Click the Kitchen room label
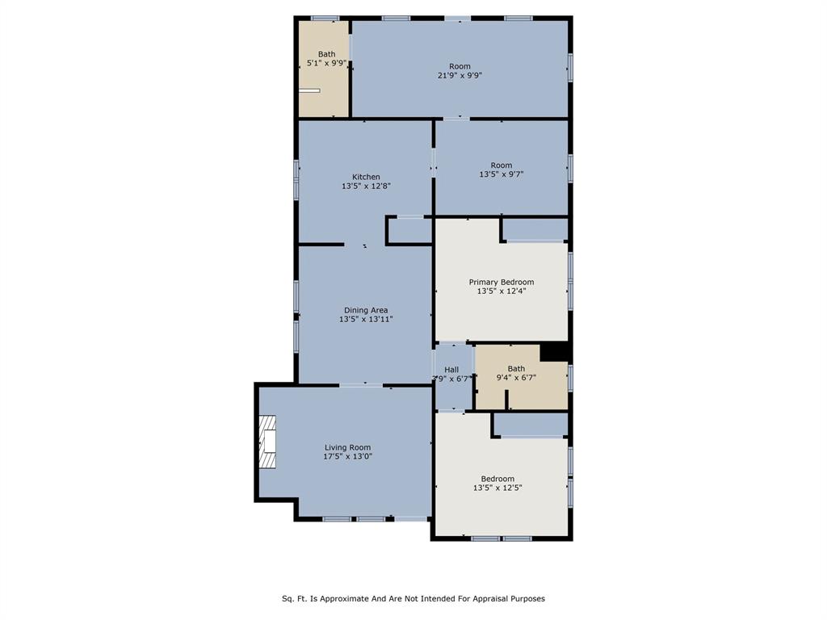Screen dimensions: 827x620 [366, 177]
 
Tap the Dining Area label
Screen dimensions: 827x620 [366, 311]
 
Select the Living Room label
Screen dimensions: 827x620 [347, 447]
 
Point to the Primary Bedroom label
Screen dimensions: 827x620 [502, 282]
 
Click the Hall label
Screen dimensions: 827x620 [451, 370]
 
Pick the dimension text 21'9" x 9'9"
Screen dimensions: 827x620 [460, 75]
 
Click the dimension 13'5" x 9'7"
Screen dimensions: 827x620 [502, 174]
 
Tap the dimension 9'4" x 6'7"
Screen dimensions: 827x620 [516, 378]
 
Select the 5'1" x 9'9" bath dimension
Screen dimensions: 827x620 [327, 63]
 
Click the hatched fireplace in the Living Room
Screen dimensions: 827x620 [267, 442]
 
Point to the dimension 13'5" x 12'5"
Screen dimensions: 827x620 [497, 488]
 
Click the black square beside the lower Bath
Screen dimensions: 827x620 [554, 353]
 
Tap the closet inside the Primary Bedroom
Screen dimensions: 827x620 [535, 230]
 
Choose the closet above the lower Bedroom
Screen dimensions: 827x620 [531, 425]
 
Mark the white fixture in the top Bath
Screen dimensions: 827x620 [309, 90]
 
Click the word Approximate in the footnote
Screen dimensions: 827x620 [344, 599]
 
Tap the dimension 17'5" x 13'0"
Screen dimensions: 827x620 [347, 457]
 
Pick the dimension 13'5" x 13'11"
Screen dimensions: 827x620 [366, 320]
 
